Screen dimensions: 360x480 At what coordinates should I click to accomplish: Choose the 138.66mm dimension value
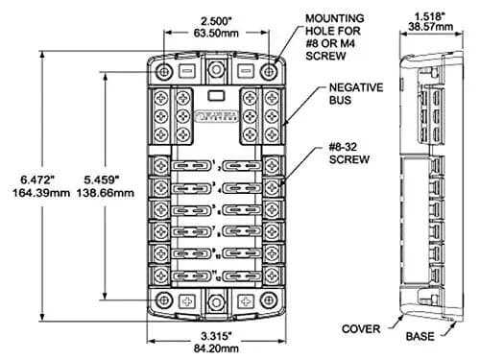(106, 193)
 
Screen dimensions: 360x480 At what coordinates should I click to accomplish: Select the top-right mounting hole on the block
(276, 73)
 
